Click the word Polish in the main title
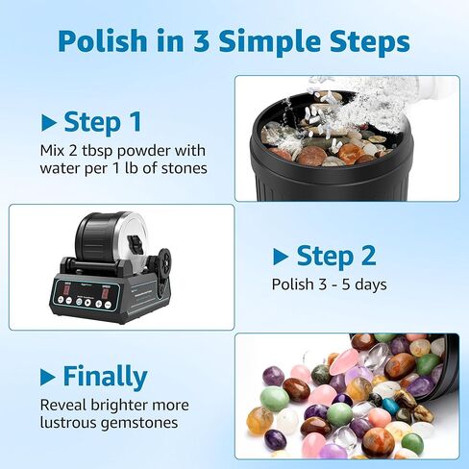pyautogui.click(x=103, y=42)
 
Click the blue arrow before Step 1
pyautogui.click(x=49, y=123)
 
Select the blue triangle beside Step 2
pyautogui.click(x=281, y=257)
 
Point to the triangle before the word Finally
pyautogui.click(x=49, y=376)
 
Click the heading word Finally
pyautogui.click(x=105, y=376)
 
